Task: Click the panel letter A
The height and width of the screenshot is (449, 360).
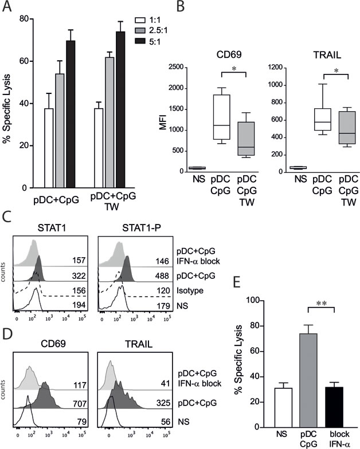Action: [x=8, y=7]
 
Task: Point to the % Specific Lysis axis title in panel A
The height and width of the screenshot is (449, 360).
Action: [x=7, y=103]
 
